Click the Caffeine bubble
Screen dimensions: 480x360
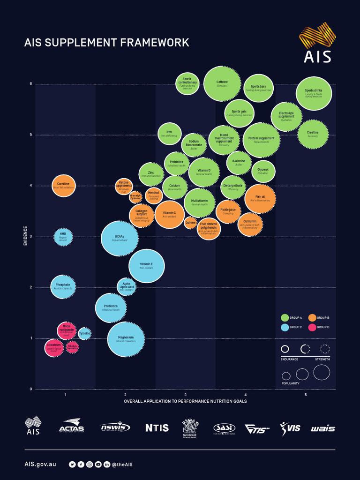pos(222,84)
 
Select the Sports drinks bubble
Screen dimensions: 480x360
pos(314,93)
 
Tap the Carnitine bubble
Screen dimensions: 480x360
pos(63,186)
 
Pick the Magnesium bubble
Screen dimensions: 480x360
pos(126,339)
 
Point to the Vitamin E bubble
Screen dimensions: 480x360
pos(146,266)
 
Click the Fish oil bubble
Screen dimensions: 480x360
pos(260,199)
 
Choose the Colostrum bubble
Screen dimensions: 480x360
pos(53,348)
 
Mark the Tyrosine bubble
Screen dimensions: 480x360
pos(84,334)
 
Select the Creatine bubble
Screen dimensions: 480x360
pos(313,134)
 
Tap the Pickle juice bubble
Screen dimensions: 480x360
pos(228,211)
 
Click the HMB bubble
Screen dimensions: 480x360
pos(63,235)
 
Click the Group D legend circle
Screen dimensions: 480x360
pos(312,327)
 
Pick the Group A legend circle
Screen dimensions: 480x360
pos(284,318)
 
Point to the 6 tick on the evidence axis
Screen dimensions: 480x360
pos(31,84)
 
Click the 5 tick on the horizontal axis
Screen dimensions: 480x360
pos(306,395)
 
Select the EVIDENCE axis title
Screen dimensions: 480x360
pos(25,236)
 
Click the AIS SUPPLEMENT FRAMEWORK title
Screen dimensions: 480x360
pos(107,43)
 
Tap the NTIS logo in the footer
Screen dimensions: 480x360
pos(157,427)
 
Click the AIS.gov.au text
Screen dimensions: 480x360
pos(40,464)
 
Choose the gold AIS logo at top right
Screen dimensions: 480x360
pos(317,45)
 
